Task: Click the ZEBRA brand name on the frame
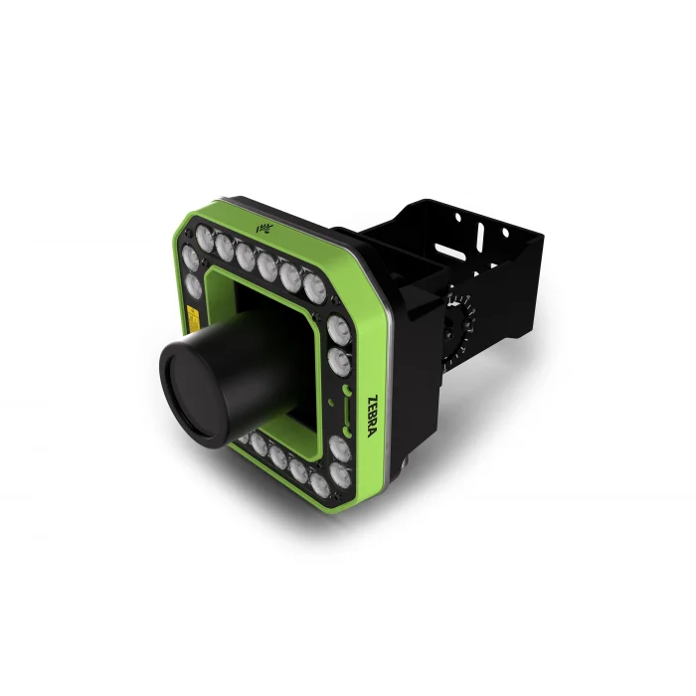[373, 416]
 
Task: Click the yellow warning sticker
[193, 318]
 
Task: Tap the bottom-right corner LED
[340, 475]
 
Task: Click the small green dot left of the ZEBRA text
[329, 402]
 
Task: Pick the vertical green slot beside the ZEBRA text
[347, 411]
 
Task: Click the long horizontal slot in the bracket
[449, 252]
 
